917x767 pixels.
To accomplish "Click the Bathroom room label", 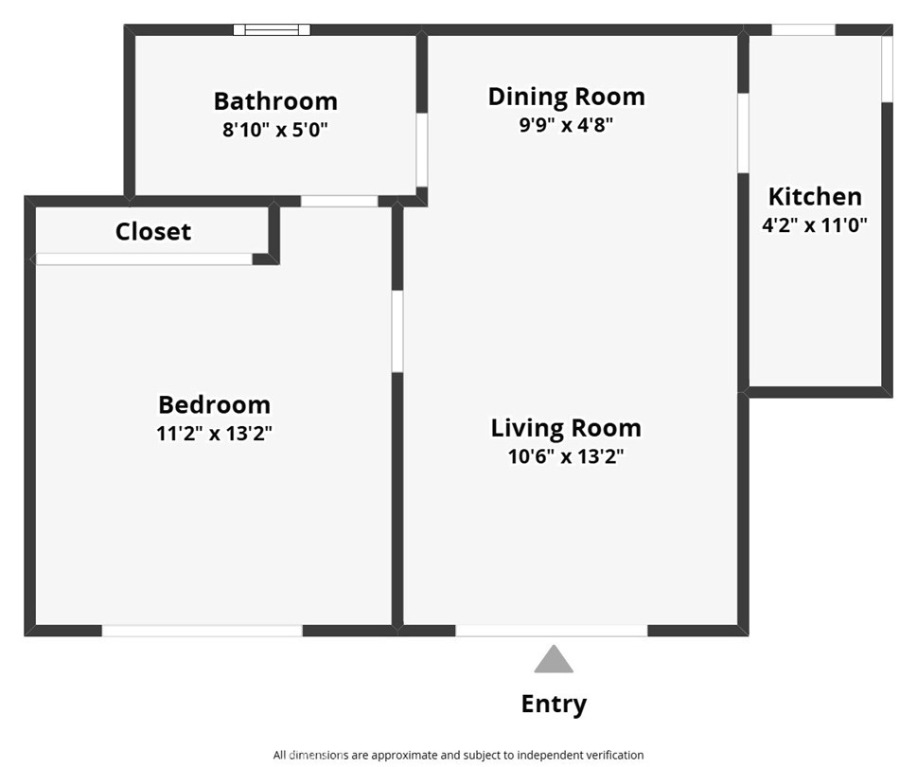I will click(x=275, y=101).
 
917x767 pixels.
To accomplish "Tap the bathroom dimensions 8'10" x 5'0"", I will click(x=275, y=130).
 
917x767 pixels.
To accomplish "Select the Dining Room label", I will click(x=566, y=97).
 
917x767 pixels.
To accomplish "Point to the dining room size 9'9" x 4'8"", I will click(x=566, y=125).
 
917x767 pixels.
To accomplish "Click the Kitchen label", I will click(x=815, y=197).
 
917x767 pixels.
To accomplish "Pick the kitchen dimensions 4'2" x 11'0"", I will click(x=815, y=225).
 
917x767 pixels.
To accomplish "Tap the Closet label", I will click(x=153, y=232).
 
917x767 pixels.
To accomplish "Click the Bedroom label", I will click(x=214, y=405).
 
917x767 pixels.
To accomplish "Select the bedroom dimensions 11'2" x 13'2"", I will click(x=214, y=434).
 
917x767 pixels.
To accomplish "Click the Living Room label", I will click(x=566, y=428).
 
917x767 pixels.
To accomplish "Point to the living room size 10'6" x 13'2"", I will click(x=566, y=456).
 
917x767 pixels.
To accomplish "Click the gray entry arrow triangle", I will click(x=554, y=660).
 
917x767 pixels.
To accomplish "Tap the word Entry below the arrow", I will click(x=554, y=705).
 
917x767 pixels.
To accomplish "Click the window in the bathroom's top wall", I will click(x=273, y=29).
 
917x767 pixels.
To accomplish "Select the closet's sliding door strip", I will click(x=144, y=259).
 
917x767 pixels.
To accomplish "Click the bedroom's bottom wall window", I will click(x=203, y=631).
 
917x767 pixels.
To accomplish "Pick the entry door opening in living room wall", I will click(x=552, y=631).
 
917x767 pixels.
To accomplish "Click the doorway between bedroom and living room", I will click(x=397, y=331).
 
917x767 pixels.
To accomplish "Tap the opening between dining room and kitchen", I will click(x=744, y=133).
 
